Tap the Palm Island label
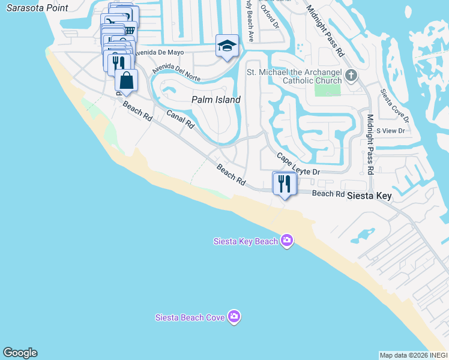[215, 100]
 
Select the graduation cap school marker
[228, 46]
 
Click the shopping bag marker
[127, 80]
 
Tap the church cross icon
[351, 76]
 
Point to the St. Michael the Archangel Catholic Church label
[295, 76]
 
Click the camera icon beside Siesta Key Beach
[287, 241]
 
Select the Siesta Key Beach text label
[246, 241]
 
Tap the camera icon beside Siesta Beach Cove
[234, 316]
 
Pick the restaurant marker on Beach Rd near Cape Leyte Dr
[285, 184]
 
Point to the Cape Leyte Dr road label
[298, 164]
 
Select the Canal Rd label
[180, 119]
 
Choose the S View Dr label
[391, 130]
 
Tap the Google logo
[20, 353]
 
